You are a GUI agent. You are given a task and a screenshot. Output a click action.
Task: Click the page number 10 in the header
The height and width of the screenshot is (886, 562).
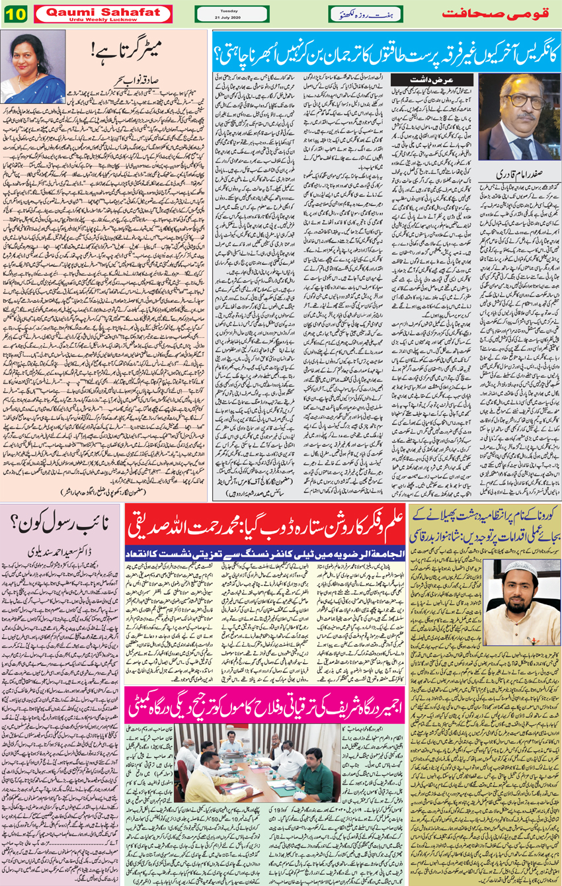(14, 14)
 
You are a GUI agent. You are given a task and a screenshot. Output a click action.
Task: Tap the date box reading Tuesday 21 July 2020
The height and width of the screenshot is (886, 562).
(232, 14)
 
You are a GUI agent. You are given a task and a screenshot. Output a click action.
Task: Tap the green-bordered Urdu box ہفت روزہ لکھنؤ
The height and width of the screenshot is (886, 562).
(365, 14)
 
